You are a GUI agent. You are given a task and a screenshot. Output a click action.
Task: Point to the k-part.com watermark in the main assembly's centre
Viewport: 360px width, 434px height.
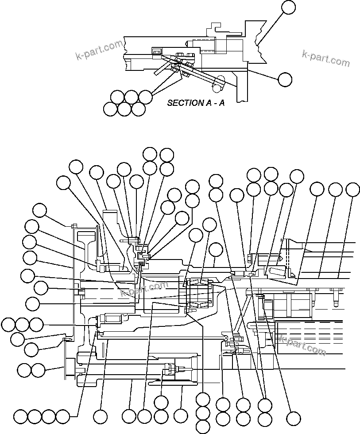[x=144, y=290]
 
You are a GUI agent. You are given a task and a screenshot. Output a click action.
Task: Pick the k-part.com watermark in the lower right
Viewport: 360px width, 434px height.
[x=303, y=345]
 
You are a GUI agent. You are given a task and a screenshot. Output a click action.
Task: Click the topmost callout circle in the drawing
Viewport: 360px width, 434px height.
[x=289, y=7]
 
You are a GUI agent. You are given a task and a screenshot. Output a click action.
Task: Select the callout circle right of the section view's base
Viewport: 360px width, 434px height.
[x=285, y=79]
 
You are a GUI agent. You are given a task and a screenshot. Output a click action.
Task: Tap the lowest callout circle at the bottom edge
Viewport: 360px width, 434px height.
[x=202, y=427]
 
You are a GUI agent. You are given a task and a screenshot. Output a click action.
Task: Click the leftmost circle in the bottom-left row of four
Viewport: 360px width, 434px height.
[x=20, y=417]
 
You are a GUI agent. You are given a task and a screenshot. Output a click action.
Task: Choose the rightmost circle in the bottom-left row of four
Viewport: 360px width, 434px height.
[x=63, y=417]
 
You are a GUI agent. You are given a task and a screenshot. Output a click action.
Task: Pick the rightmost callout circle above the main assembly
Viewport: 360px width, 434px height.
[x=352, y=190]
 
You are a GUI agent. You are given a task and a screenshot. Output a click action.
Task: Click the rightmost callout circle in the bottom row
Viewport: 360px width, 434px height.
[x=293, y=418]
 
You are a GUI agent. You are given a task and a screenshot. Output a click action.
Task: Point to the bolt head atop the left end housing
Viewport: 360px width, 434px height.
[x=74, y=226]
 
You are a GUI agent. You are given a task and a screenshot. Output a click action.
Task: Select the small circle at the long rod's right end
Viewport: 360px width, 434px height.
[x=226, y=338]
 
